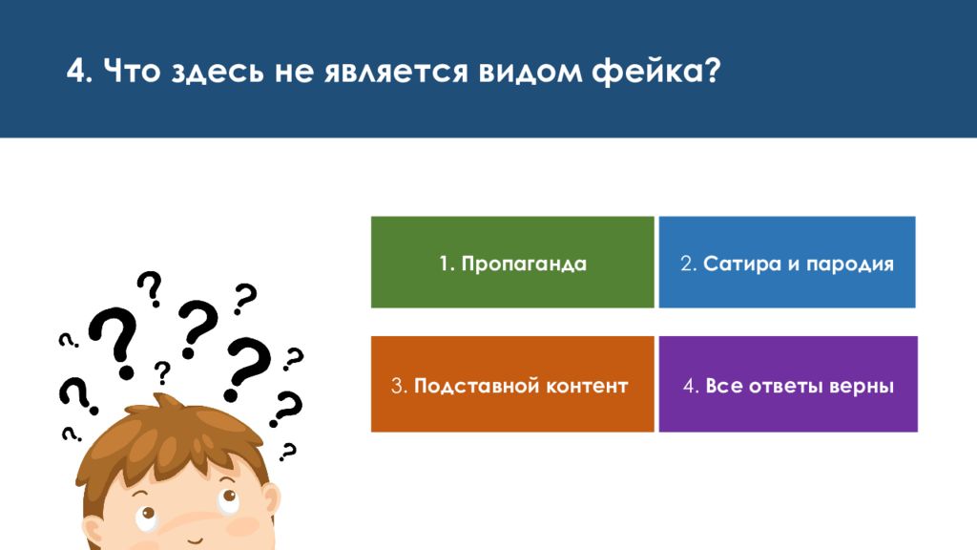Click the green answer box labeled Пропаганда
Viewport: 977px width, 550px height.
pos(512,262)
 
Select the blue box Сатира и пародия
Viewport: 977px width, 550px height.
pos(787,262)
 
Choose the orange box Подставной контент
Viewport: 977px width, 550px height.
pos(512,384)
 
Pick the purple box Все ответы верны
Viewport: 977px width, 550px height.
pos(788,384)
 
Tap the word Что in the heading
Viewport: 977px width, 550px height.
pos(132,71)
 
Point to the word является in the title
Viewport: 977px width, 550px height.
pos(396,71)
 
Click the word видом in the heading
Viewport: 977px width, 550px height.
pos(530,72)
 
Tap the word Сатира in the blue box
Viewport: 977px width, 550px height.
pos(742,264)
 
